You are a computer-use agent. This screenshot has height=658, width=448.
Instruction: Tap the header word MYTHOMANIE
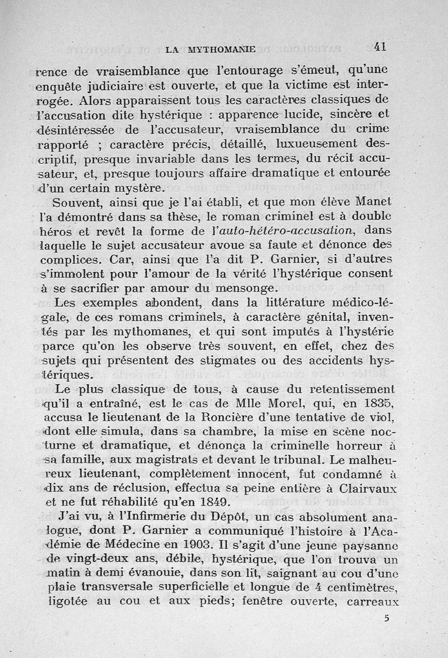(x=222, y=49)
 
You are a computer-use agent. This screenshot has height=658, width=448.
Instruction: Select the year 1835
(x=376, y=403)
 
